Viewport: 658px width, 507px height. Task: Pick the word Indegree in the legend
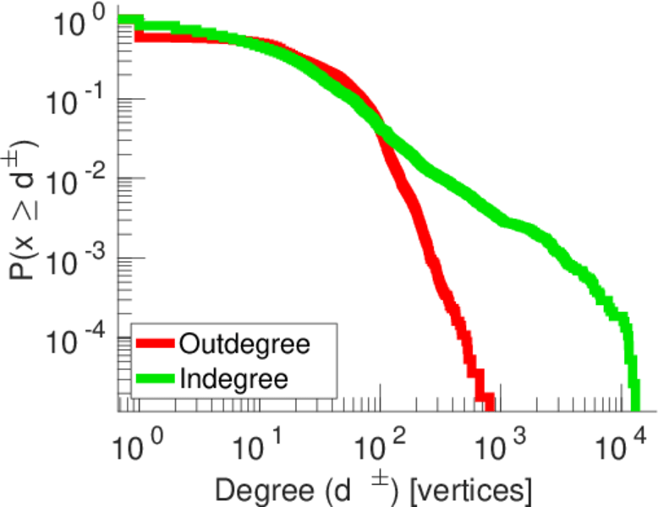click(234, 379)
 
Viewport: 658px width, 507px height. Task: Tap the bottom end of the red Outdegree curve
click(485, 402)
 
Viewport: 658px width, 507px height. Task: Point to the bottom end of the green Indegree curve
click(633, 402)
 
